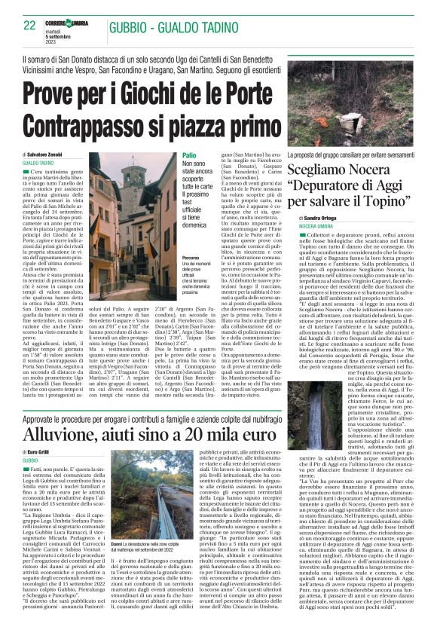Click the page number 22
[x=30, y=26]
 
